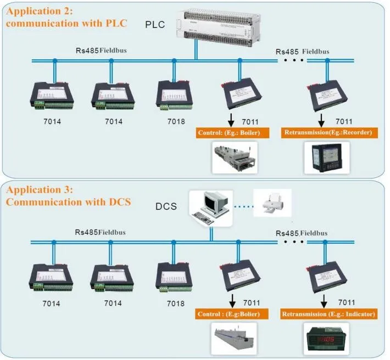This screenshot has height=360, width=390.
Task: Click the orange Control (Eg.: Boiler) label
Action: coord(233,133)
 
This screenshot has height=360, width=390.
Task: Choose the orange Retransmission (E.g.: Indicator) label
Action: coord(329,314)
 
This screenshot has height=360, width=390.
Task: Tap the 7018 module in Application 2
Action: coord(175,95)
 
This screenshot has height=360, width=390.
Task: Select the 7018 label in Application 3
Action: coord(175,303)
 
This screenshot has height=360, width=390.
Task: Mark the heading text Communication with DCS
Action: coord(69,202)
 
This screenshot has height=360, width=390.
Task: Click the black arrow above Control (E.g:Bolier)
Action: coord(233,300)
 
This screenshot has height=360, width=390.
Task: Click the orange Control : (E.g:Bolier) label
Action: coord(233,314)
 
